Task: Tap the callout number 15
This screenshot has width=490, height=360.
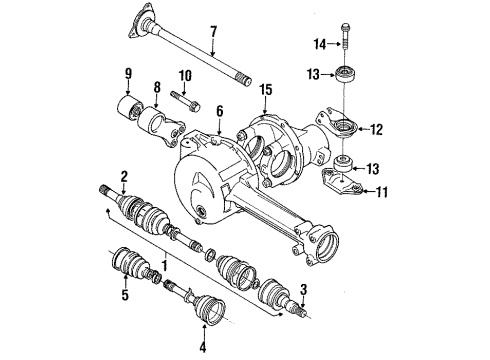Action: (265, 91)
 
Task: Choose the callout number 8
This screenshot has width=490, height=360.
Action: (156, 87)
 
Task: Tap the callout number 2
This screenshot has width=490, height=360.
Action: (123, 177)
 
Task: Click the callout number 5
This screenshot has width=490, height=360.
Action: (126, 296)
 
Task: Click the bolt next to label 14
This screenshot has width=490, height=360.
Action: (343, 35)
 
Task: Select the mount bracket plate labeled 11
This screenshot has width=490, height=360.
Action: (346, 183)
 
